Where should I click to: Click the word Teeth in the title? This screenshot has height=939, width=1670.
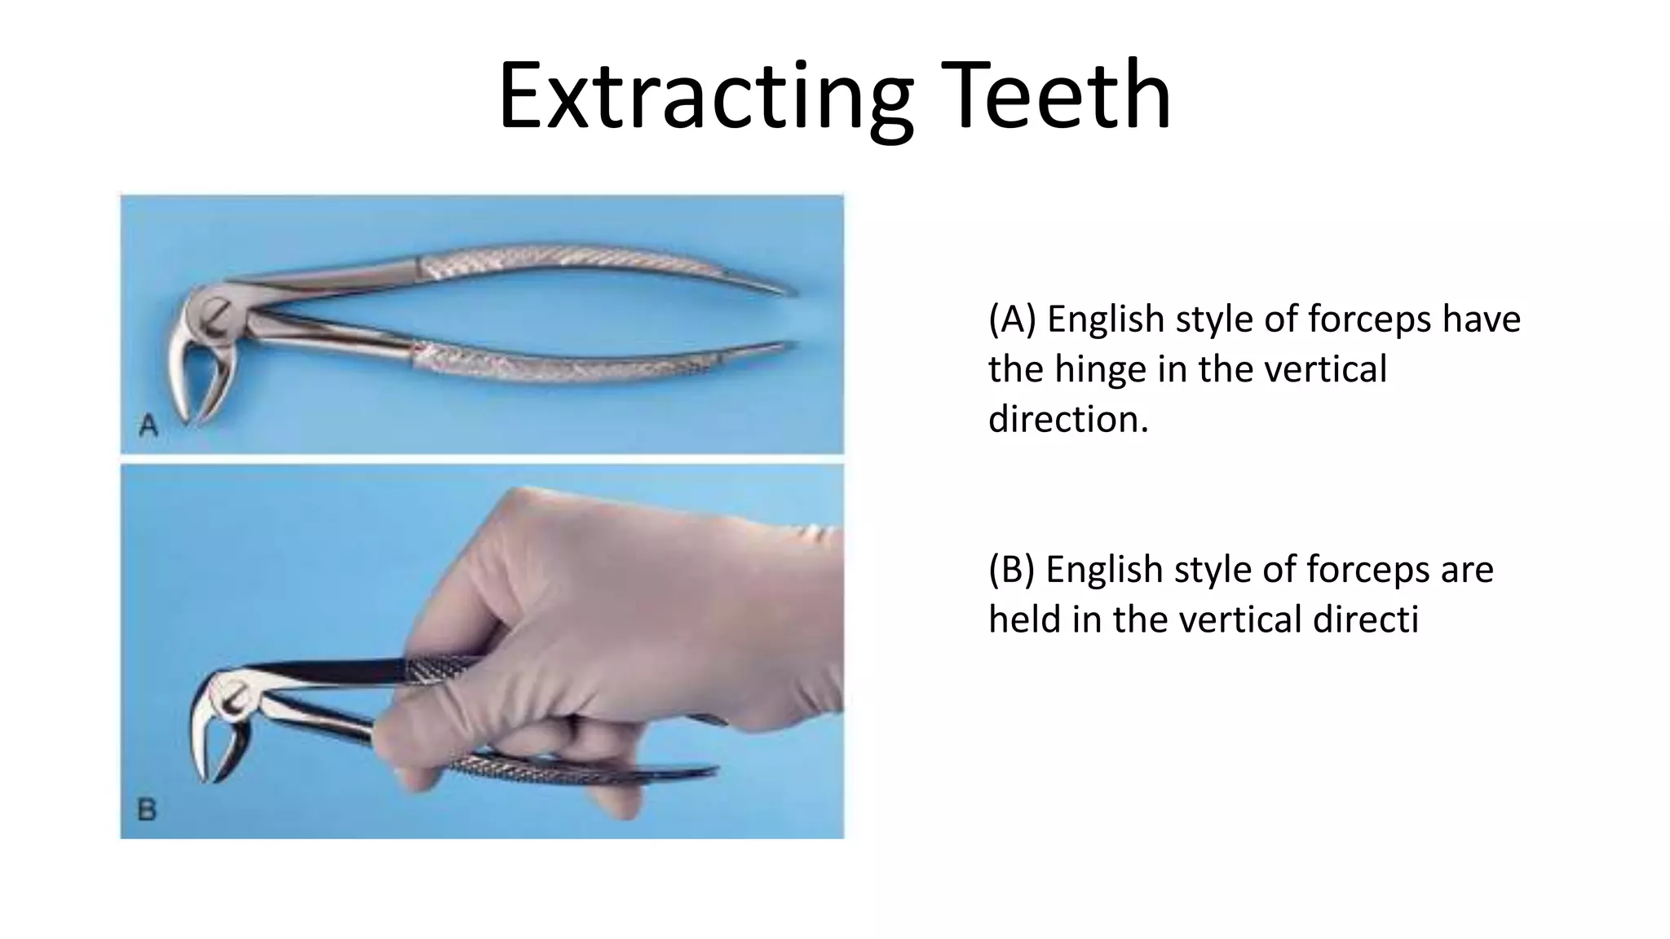1056,96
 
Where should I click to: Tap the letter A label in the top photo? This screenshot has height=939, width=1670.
148,425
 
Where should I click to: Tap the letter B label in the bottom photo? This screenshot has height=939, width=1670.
147,809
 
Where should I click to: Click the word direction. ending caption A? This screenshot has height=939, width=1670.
1068,419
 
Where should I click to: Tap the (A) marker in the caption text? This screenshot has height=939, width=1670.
1012,319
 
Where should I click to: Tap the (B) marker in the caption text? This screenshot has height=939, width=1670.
1011,570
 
